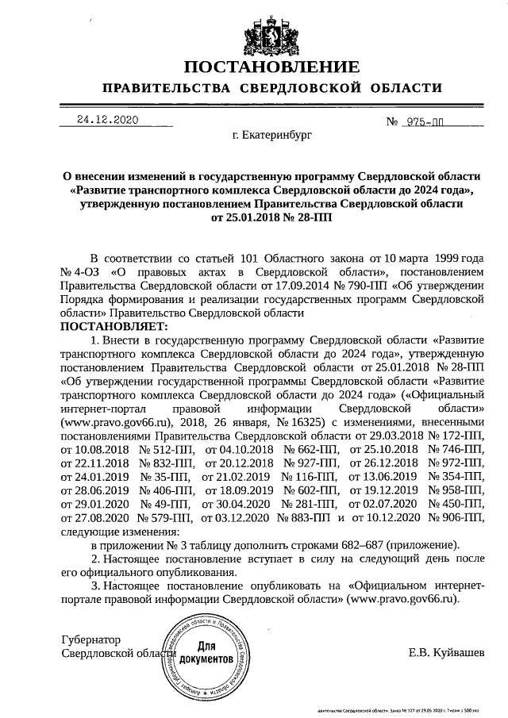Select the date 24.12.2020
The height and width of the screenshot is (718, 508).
[x=107, y=120]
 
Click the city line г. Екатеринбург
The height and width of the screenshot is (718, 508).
[x=272, y=136]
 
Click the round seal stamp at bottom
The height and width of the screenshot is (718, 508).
[x=206, y=655]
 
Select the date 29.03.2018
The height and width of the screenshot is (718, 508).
[x=390, y=436]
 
